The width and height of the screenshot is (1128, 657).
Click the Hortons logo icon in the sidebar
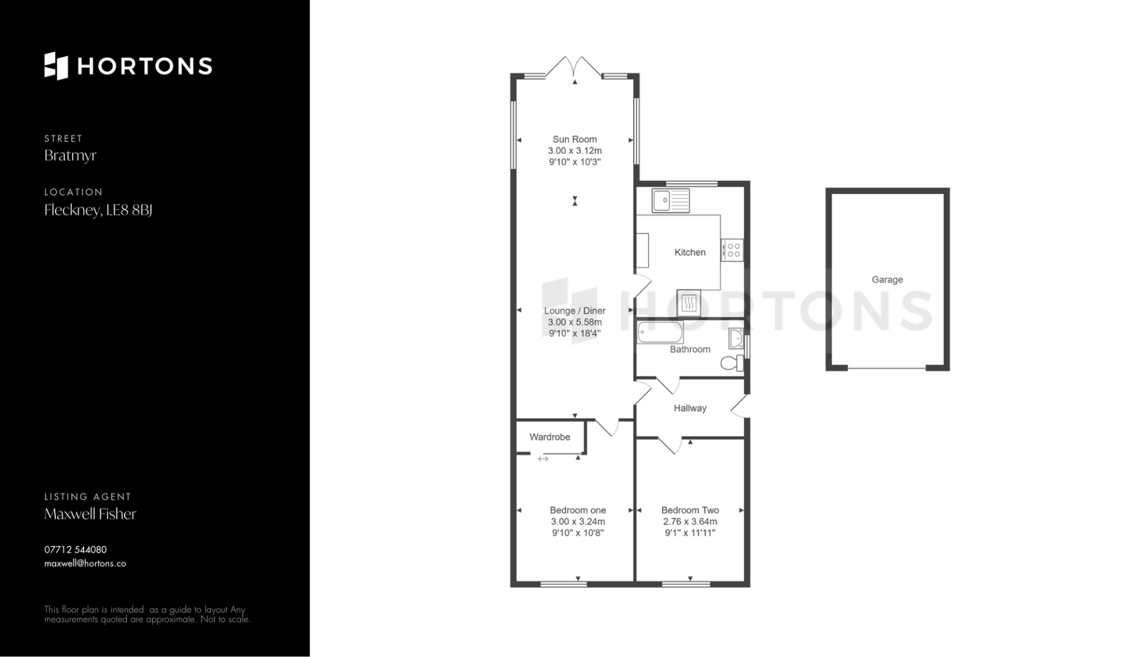click(56, 66)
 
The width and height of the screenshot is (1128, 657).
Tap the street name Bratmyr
click(70, 156)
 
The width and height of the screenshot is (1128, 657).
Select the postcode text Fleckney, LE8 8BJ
click(98, 210)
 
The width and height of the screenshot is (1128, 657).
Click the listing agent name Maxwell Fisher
click(90, 514)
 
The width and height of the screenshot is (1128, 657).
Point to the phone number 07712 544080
click(76, 550)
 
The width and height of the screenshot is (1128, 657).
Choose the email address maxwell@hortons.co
click(85, 564)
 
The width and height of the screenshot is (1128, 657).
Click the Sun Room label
click(575, 139)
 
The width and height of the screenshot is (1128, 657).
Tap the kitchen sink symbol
click(670, 200)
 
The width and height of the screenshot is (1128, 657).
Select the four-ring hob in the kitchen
click(733, 250)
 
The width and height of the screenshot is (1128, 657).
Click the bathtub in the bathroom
click(660, 332)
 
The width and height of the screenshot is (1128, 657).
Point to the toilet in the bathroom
click(732, 363)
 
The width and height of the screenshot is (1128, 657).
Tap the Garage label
click(887, 279)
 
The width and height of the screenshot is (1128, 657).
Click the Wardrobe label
click(550, 437)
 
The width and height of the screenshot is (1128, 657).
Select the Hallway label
click(690, 408)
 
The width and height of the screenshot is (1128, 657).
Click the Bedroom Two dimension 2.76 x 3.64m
click(690, 521)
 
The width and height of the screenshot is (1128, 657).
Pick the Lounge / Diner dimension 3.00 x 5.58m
click(575, 322)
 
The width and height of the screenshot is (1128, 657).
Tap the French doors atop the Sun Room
click(574, 66)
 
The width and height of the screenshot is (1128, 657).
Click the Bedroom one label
click(578, 510)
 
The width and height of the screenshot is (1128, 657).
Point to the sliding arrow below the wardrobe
click(543, 459)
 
